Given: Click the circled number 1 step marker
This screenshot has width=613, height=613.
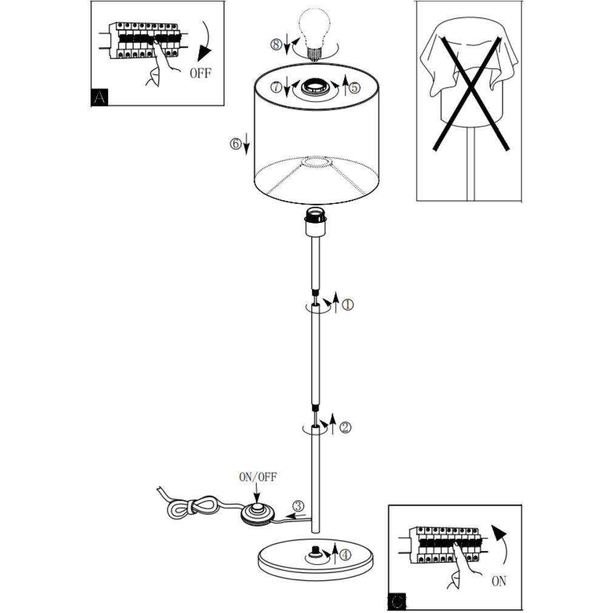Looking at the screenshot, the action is click(348, 305).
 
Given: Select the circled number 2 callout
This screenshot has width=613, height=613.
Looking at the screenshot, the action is click(345, 427).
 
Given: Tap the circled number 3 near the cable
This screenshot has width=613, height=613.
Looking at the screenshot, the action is click(298, 506).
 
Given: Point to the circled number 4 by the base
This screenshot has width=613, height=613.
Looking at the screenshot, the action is click(345, 555).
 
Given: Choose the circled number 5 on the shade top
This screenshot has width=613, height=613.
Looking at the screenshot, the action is click(354, 87).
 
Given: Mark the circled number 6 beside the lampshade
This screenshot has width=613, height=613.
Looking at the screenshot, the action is click(235, 144).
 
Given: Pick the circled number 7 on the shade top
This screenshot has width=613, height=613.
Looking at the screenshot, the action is click(277, 86).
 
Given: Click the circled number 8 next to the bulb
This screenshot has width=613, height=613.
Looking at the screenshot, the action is click(276, 44).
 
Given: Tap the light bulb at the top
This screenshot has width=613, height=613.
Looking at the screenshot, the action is click(314, 33).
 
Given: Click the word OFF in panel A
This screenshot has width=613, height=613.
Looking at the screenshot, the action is click(200, 73).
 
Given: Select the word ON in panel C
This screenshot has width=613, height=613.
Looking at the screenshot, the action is click(499, 581).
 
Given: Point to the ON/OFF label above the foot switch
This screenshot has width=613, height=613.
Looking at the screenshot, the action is click(257, 477).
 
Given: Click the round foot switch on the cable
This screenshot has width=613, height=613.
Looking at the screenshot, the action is click(257, 513).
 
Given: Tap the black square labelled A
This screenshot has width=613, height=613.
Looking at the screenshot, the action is click(100, 97).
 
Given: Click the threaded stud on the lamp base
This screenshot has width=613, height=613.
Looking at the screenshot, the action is click(314, 553).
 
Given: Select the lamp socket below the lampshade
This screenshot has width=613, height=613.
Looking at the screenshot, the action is click(316, 222).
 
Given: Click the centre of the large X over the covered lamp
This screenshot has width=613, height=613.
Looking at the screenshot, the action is click(472, 92).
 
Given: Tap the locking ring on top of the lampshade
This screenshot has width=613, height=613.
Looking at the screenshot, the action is click(315, 89).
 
